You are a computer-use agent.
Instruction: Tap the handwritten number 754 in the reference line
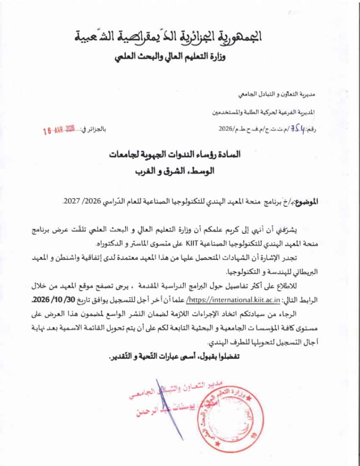point(287,129)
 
